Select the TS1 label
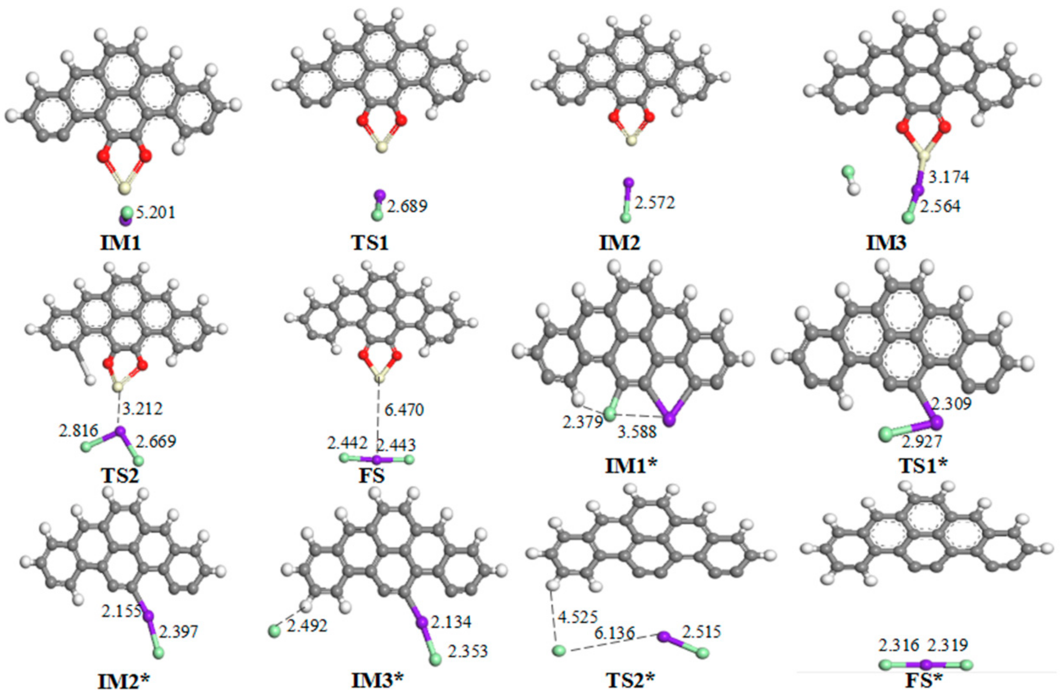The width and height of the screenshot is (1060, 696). click(x=370, y=243)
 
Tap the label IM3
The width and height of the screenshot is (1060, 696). click(x=886, y=243)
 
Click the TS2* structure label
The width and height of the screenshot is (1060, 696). click(x=631, y=680)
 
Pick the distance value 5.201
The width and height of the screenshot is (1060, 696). click(x=156, y=213)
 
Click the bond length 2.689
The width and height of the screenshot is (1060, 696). click(x=407, y=206)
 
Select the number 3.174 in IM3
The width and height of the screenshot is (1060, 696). click(x=949, y=177)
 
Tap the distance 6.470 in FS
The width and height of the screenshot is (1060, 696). click(x=404, y=410)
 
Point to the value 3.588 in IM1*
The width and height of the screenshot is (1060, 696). click(x=637, y=431)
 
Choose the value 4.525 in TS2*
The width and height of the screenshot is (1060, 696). click(x=578, y=618)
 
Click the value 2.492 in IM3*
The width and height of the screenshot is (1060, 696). click(x=307, y=626)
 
